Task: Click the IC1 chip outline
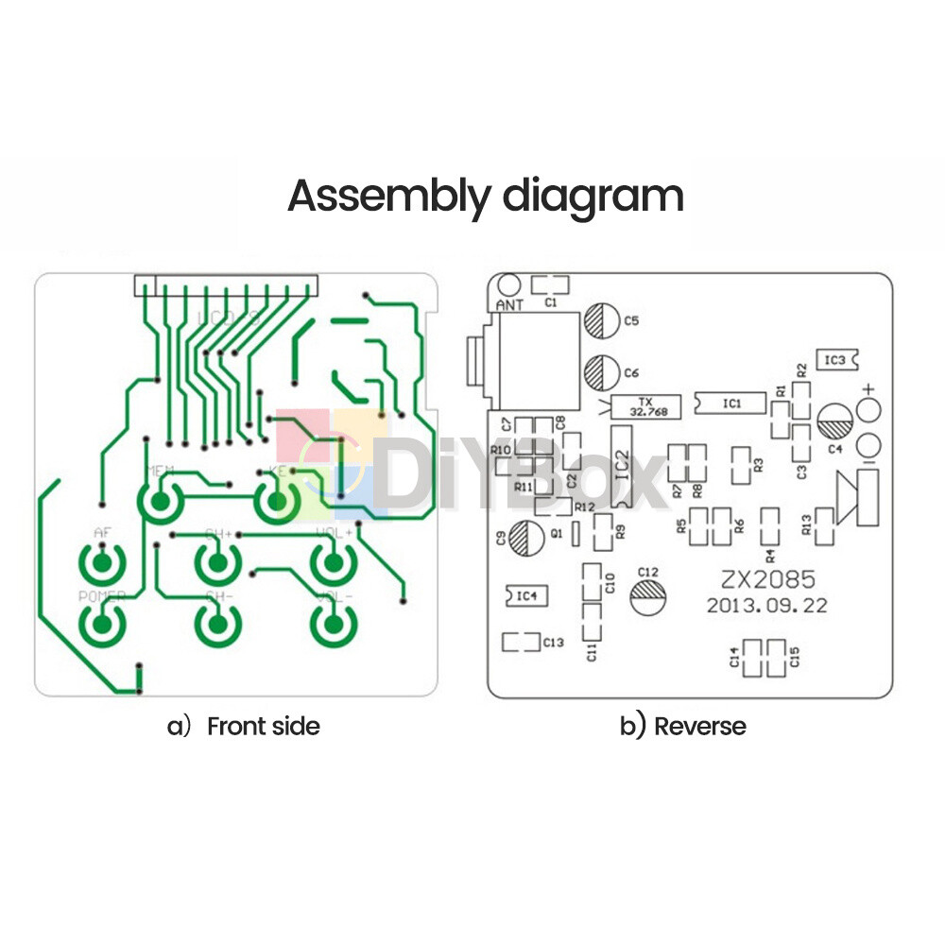[x=730, y=403]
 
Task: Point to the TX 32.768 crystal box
[x=646, y=406]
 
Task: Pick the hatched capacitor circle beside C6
[x=599, y=372]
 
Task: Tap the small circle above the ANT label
[x=509, y=284]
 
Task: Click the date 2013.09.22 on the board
[x=766, y=606]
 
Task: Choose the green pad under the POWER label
[x=101, y=623]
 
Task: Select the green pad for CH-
[x=217, y=624]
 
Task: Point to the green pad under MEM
[x=161, y=502]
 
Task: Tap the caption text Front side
[x=263, y=726]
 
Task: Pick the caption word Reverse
[x=699, y=726]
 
